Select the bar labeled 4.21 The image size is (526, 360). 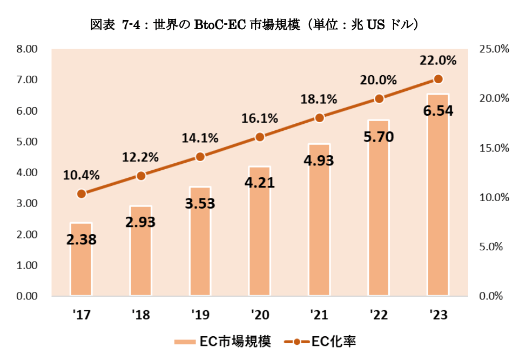[259, 243]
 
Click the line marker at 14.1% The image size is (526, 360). [200, 157]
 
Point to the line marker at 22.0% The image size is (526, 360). [438, 79]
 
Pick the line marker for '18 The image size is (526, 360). [140, 176]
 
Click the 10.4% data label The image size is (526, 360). [81, 175]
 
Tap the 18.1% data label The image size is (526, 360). [319, 99]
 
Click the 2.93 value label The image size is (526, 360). [140, 223]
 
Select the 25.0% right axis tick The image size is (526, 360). [494, 49]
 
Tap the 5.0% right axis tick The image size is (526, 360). [491, 247]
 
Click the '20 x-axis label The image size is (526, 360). [259, 315]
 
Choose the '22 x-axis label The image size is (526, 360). [379, 315]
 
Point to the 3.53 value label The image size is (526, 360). [200, 203]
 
